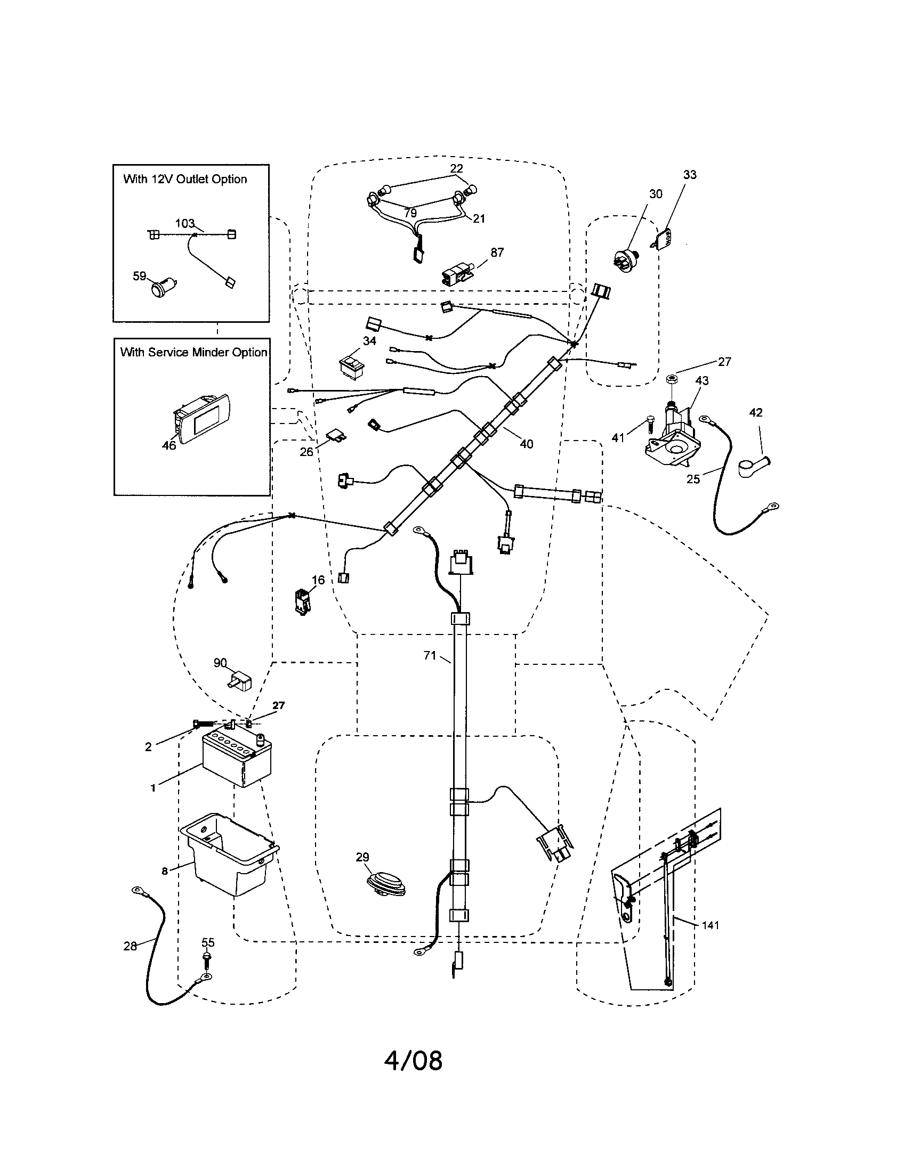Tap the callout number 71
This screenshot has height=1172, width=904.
[x=430, y=655]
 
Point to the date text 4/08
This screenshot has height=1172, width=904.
[x=413, y=1060]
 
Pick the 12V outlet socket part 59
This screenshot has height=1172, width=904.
[x=162, y=289]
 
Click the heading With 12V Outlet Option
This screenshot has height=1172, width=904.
[x=185, y=179]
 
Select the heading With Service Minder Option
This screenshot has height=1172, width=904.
[x=193, y=353]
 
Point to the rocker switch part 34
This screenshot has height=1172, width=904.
[x=352, y=365]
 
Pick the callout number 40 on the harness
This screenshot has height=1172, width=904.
[x=526, y=444]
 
